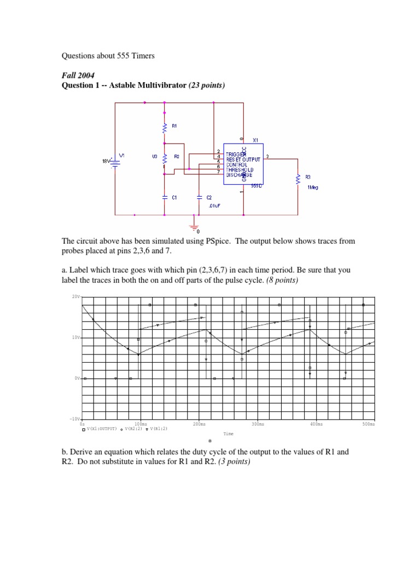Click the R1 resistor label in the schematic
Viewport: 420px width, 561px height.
(x=174, y=125)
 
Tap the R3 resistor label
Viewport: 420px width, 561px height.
(x=308, y=176)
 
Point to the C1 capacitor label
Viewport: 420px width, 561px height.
(x=174, y=197)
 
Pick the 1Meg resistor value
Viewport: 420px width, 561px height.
(x=312, y=187)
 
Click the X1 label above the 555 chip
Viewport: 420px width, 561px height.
(x=255, y=140)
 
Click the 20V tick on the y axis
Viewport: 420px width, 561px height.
(x=76, y=296)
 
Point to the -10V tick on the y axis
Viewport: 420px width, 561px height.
(x=74, y=419)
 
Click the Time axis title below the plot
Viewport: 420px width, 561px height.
(x=228, y=434)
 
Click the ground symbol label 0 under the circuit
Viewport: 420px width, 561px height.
(x=198, y=231)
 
